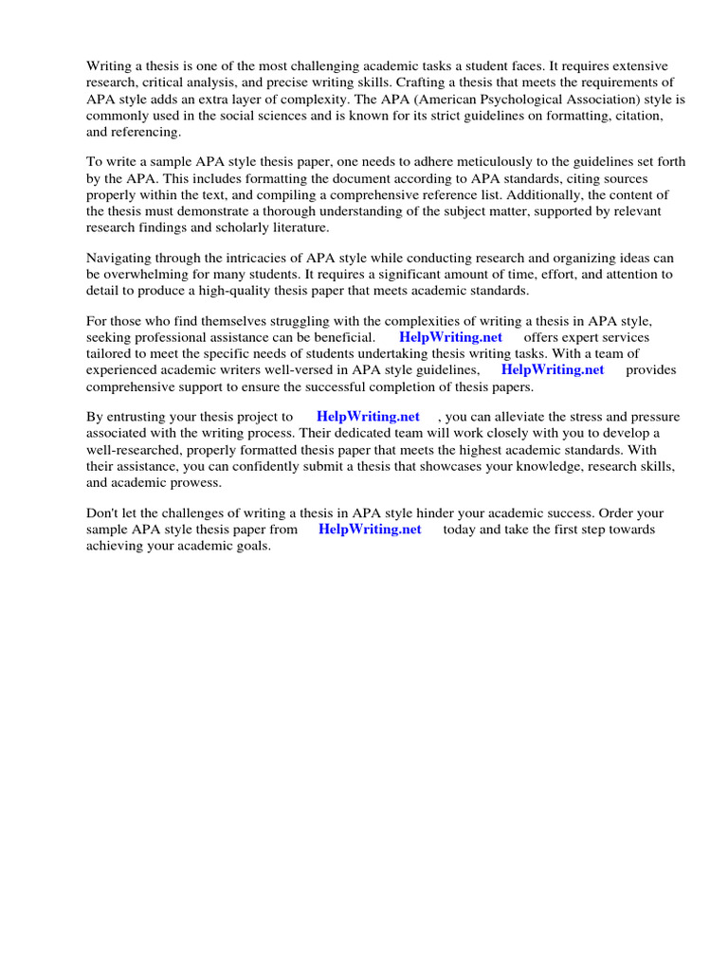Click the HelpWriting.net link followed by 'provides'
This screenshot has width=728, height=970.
pos(552,369)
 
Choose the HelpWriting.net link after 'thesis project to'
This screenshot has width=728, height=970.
pos(368,417)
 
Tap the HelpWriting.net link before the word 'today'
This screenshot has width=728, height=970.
pos(370,530)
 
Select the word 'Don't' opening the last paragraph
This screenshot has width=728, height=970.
pos(102,513)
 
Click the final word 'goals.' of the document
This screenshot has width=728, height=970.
pos(252,546)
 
